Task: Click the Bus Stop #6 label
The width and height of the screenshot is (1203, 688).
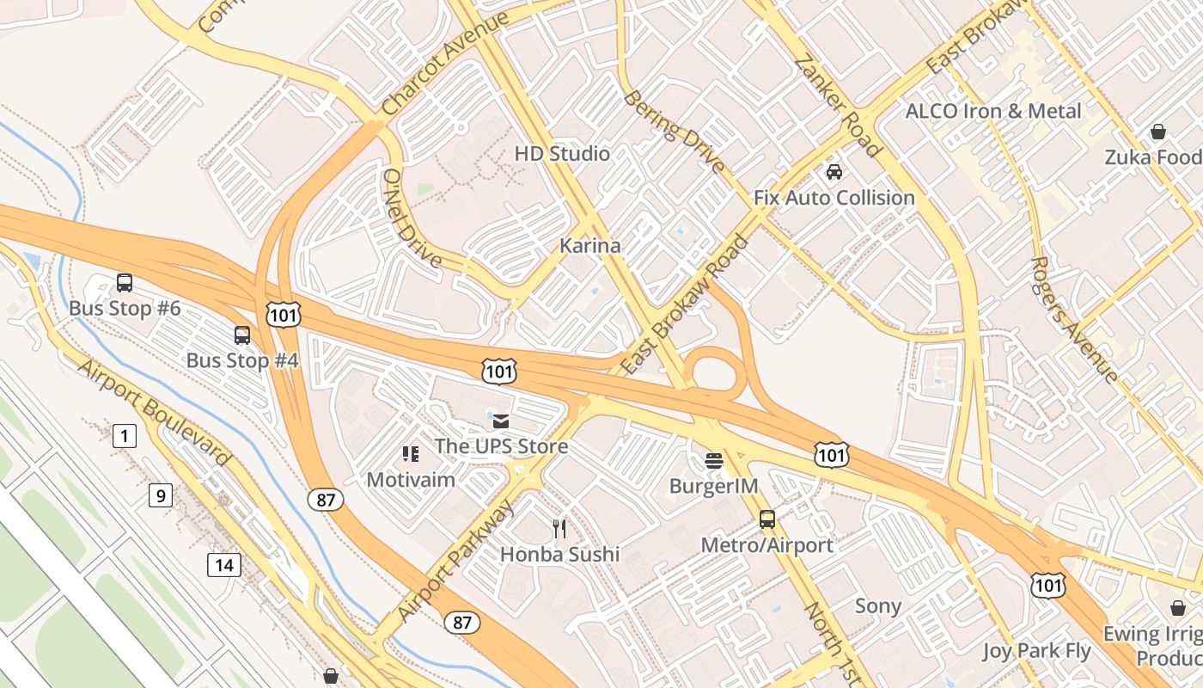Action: pyautogui.click(x=125, y=308)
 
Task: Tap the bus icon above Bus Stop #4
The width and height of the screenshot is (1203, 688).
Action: pyautogui.click(x=242, y=335)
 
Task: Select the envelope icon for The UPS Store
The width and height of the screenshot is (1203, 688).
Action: pyautogui.click(x=500, y=421)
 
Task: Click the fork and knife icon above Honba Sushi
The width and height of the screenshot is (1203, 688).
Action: pyautogui.click(x=559, y=528)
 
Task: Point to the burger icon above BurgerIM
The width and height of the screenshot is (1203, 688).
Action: pyautogui.click(x=713, y=460)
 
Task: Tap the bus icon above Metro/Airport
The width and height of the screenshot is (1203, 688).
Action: pyautogui.click(x=766, y=519)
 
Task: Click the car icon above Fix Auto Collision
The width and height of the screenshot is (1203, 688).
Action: pyautogui.click(x=834, y=172)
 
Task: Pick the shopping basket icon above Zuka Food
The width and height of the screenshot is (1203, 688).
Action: pyautogui.click(x=1157, y=132)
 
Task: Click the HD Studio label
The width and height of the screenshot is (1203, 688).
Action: pyautogui.click(x=562, y=154)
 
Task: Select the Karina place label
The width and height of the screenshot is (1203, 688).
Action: pyautogui.click(x=589, y=246)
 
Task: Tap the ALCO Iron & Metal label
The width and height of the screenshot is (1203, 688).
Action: pyautogui.click(x=993, y=111)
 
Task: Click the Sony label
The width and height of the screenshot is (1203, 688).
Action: pyautogui.click(x=877, y=606)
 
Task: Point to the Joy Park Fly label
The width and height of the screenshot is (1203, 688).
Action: pyautogui.click(x=1036, y=651)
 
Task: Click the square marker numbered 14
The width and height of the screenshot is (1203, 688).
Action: pyautogui.click(x=224, y=565)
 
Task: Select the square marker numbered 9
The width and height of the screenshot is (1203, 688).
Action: pyautogui.click(x=160, y=495)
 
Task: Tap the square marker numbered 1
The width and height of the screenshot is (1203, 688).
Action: pyautogui.click(x=125, y=436)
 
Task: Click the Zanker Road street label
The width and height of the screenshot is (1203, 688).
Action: pyautogui.click(x=838, y=106)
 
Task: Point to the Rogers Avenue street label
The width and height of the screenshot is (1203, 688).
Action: pyautogui.click(x=1074, y=318)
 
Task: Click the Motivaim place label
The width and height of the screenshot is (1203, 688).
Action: pyautogui.click(x=411, y=479)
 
